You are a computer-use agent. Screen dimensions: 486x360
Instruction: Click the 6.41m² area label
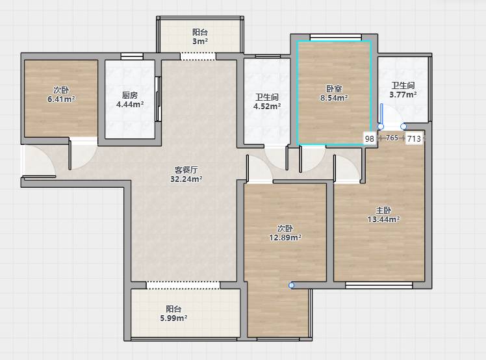(x=61, y=99)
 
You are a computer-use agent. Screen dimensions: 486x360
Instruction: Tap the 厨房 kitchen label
(x=129, y=95)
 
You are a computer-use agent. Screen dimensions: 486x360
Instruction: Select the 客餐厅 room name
(x=186, y=170)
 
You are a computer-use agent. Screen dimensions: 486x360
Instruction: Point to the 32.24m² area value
(x=186, y=179)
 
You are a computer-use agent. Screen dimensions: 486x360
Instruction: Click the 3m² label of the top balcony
(x=200, y=41)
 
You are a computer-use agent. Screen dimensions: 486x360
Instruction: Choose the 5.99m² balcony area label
(x=173, y=318)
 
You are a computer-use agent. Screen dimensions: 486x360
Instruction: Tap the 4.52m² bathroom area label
(x=267, y=107)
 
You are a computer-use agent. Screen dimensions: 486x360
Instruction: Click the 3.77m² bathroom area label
(x=403, y=95)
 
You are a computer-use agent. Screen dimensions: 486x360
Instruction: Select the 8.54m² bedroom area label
(x=334, y=98)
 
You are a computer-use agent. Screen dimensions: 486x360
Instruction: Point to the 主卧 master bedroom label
(x=383, y=211)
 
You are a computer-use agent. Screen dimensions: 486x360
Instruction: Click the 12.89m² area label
(x=285, y=238)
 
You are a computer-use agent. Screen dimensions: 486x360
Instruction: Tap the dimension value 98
(x=370, y=138)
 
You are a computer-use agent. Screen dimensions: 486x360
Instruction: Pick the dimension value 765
(x=392, y=138)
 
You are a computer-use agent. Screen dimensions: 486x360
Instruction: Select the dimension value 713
(x=414, y=138)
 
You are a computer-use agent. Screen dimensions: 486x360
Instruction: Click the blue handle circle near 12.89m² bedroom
(x=291, y=285)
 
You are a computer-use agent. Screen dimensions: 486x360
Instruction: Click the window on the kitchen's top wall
(x=132, y=56)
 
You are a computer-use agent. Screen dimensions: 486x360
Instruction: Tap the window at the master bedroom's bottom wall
(x=379, y=285)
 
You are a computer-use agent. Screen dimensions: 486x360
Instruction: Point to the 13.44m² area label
(x=383, y=219)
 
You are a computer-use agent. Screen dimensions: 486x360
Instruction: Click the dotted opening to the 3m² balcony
(x=198, y=56)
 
